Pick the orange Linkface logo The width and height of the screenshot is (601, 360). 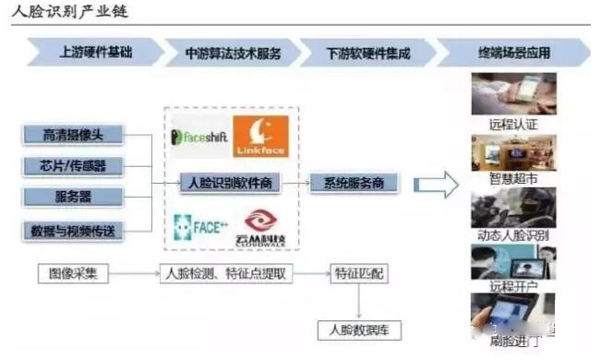[x=260, y=136]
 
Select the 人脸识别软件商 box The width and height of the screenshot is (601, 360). [x=230, y=182]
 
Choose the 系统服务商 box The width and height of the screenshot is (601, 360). [x=354, y=183]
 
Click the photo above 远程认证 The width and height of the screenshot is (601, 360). [x=513, y=93]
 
